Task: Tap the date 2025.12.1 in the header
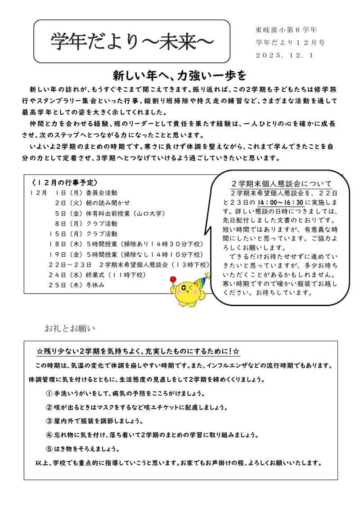pos(284,55)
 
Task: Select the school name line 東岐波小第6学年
pos(286,30)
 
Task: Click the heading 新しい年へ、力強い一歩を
pos(180,74)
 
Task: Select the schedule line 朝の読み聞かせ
pos(108,203)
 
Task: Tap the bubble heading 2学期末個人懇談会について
pos(281,184)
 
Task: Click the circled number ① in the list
pos(49,393)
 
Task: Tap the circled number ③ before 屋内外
pos(49,421)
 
